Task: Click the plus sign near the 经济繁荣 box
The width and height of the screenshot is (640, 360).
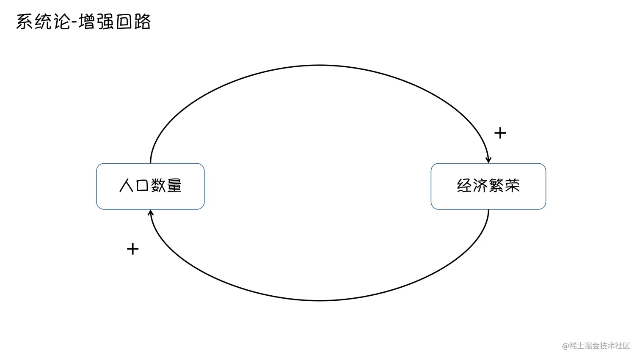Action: pos(500,133)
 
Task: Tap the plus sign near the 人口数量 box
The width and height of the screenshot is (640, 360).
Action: pos(132,249)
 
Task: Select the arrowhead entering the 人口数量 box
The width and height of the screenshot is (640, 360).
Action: pos(150,212)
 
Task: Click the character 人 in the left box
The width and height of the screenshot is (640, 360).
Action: pos(127,186)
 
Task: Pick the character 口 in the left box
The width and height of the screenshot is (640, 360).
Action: pos(142,186)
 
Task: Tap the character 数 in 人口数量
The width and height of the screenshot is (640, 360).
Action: pos(158,186)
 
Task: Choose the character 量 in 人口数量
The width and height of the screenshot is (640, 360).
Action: pos(174,186)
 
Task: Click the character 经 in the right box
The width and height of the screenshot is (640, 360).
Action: pos(464,186)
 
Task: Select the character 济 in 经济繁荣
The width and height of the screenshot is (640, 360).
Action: pos(480,186)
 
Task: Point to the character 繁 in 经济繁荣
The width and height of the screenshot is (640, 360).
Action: pos(496,186)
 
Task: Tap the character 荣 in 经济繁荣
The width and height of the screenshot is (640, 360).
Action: pos(512,186)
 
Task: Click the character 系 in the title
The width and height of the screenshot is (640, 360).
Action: pos(25,22)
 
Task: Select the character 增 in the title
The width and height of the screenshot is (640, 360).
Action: pos(87,22)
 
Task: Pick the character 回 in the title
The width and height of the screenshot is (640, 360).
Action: pos(124,22)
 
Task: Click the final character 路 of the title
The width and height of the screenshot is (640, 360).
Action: pos(142,22)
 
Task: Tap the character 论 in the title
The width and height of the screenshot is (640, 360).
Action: pos(61,22)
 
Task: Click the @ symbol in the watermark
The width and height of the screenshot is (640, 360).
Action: pos(565,346)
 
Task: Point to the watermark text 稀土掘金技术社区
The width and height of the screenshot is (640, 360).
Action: pos(600,346)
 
